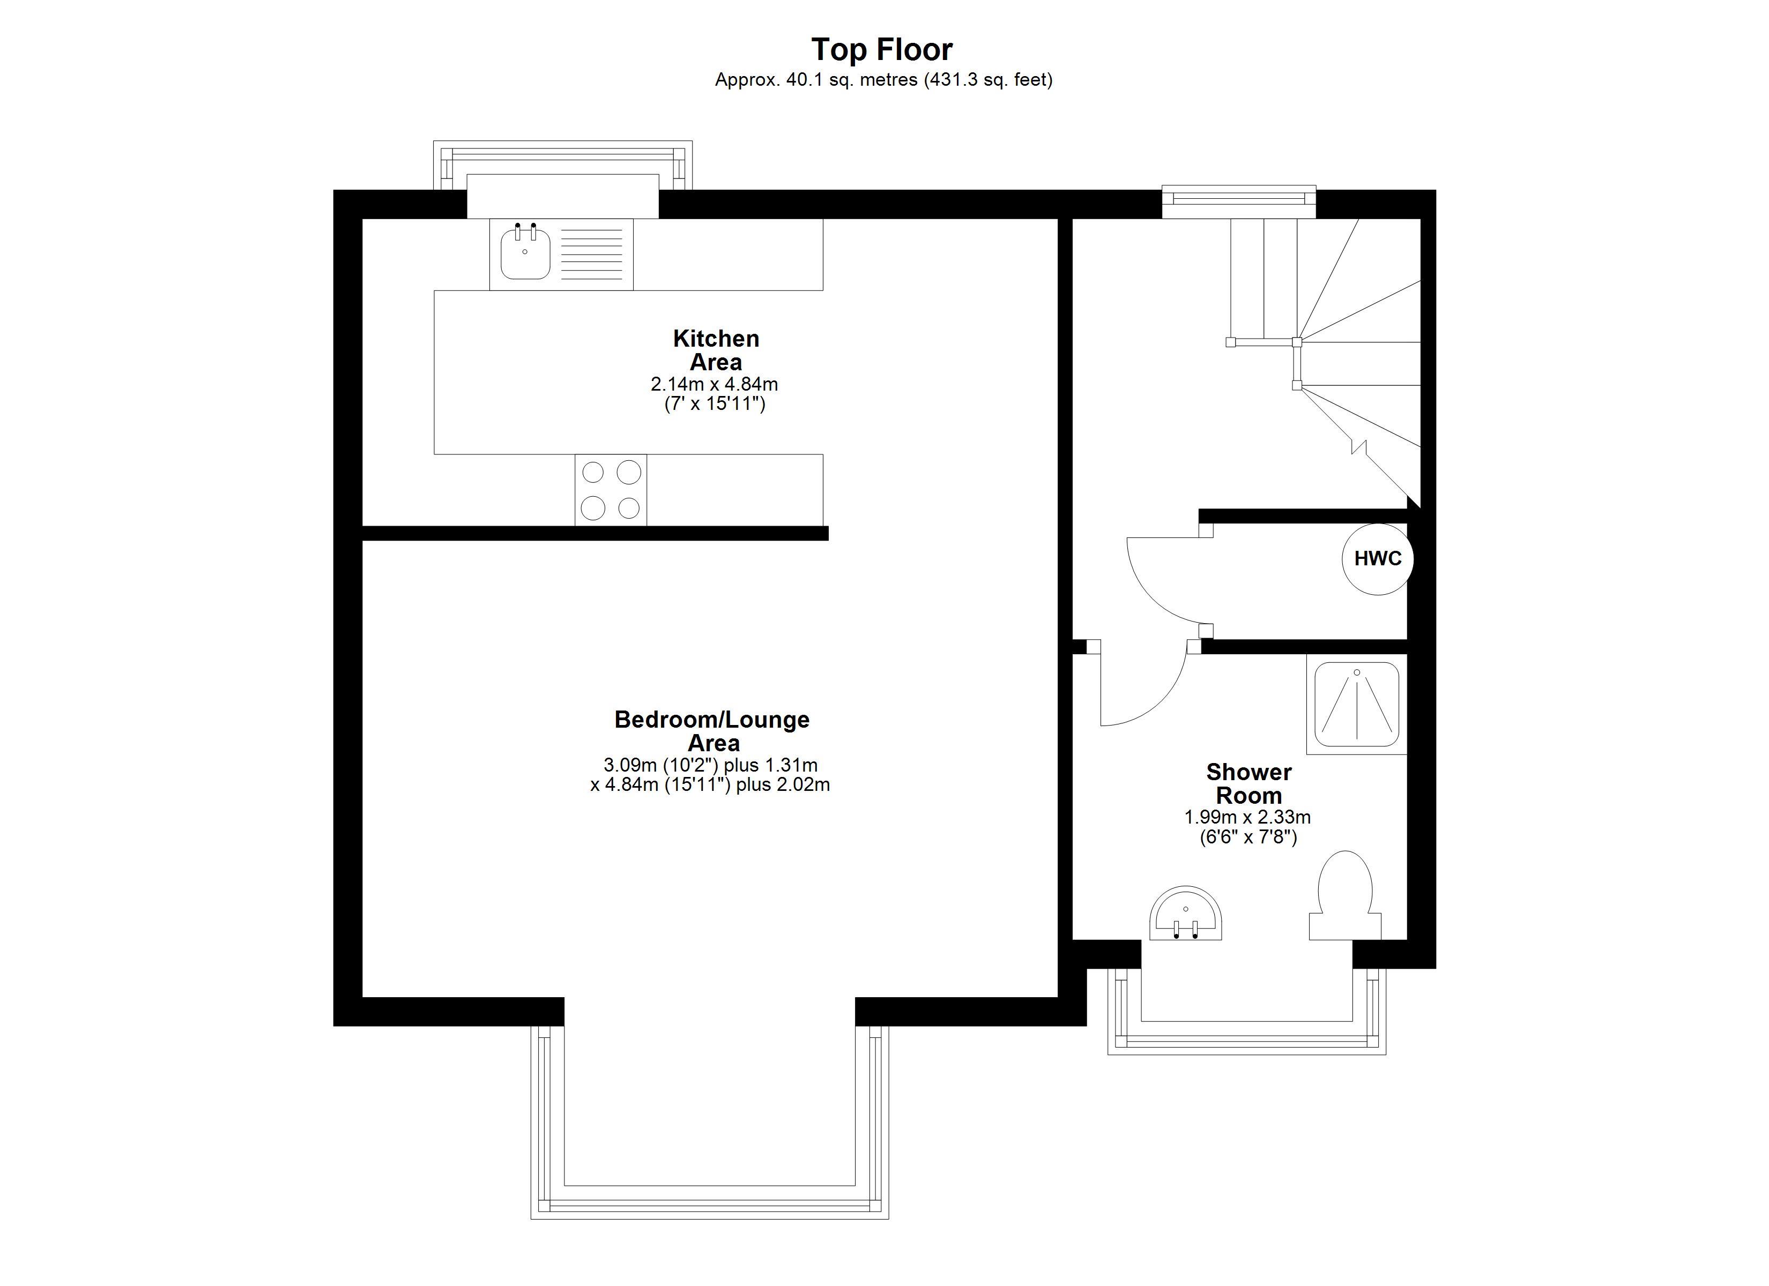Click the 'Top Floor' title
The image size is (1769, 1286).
click(882, 49)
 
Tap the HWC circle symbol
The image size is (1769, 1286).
click(1378, 558)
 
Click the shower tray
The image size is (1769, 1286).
click(1357, 704)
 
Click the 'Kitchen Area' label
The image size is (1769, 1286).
click(716, 350)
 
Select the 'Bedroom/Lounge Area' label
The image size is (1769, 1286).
click(712, 731)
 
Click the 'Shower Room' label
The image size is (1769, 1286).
click(1248, 784)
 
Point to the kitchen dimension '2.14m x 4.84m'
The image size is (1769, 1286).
click(715, 385)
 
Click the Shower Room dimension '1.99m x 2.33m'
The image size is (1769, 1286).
click(1248, 817)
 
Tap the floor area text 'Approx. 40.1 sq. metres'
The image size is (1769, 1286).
click(816, 79)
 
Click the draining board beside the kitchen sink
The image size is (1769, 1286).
click(592, 253)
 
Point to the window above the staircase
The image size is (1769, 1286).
click(1239, 201)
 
